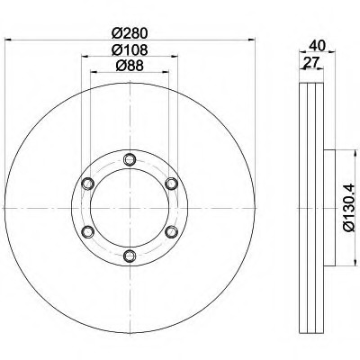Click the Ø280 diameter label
point(130,33)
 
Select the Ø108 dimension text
point(130,49)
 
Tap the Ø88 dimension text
point(130,66)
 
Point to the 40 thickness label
point(317,46)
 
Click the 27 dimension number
point(310,63)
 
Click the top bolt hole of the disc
point(130,159)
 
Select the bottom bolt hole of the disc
point(130,256)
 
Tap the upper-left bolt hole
point(88,184)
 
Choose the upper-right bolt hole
point(172,184)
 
